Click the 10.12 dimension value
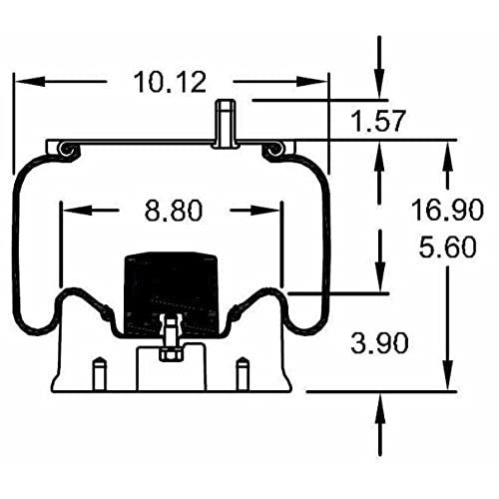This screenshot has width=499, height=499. tap(170, 83)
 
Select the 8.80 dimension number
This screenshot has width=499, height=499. tap(174, 211)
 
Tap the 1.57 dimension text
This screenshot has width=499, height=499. tap(378, 121)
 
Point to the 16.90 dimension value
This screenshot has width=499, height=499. tap(447, 210)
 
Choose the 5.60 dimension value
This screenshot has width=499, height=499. tap(447, 247)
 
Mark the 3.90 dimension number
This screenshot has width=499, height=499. tap(379, 343)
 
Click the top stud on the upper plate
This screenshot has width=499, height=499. tap(226, 124)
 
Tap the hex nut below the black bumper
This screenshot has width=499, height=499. tap(171, 354)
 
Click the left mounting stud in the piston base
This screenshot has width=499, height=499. tap(100, 373)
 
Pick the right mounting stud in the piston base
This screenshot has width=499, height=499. tap(243, 373)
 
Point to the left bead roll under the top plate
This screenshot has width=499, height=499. tap(68, 151)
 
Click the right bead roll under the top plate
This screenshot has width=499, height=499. tap(273, 151)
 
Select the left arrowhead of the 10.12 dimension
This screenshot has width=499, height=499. tap(30, 81)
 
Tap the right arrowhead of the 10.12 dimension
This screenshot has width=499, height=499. tap(311, 81)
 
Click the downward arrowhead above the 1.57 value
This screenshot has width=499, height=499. tap(379, 84)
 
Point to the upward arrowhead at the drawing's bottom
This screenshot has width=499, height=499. tap(380, 408)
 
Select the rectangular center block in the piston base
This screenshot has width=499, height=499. tap(172, 368)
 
